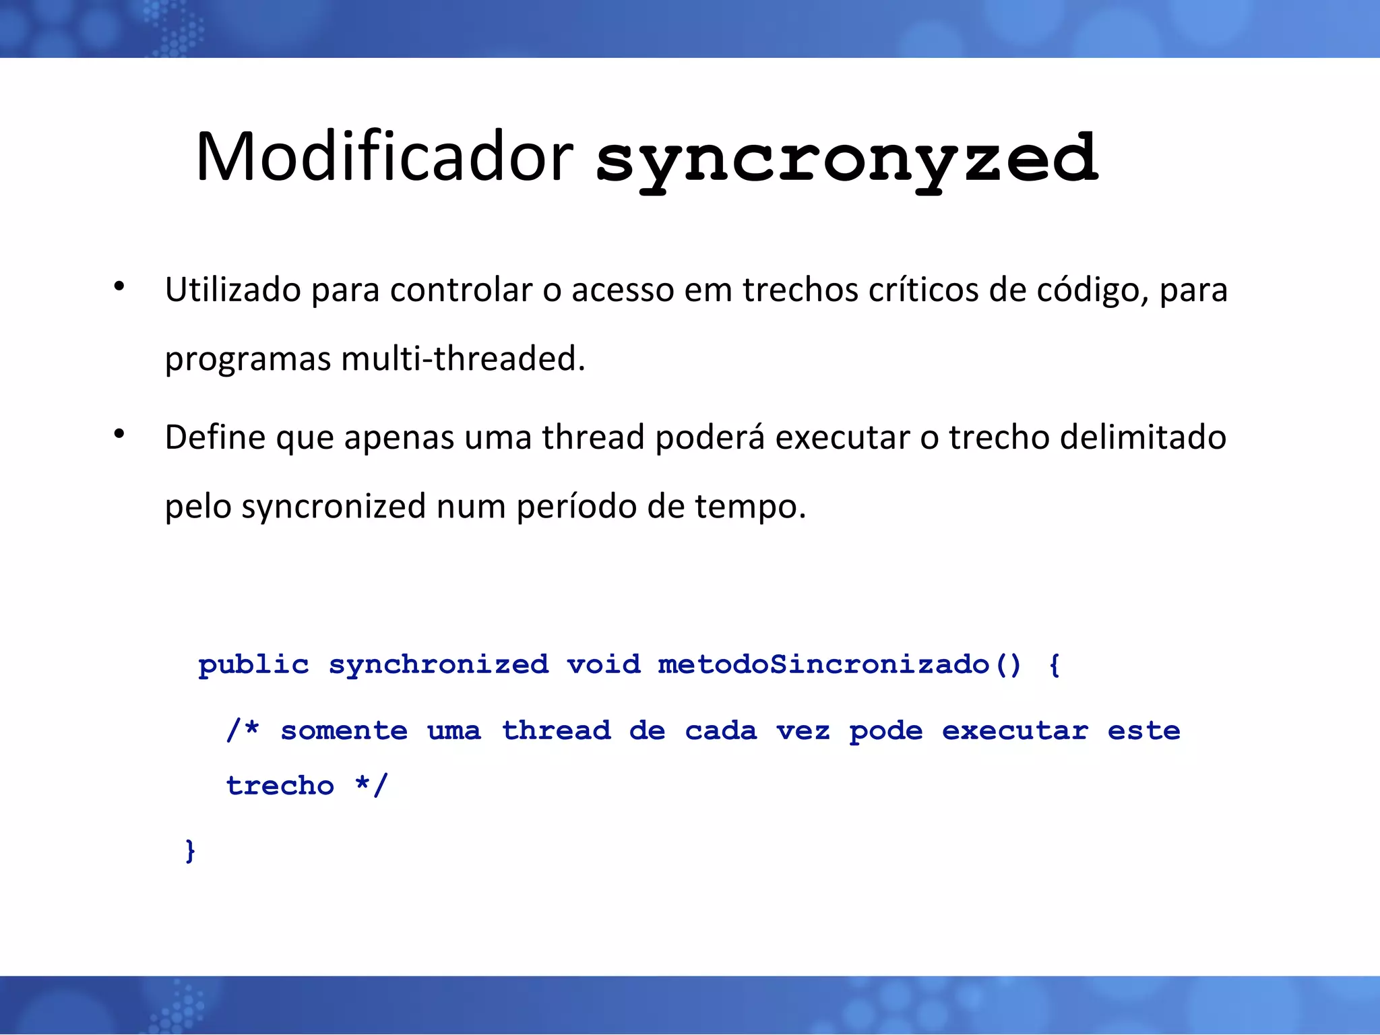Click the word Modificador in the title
pyautogui.click(x=384, y=157)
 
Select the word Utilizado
pyautogui.click(x=232, y=290)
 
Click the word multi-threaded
pyautogui.click(x=463, y=358)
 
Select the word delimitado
pyautogui.click(x=1142, y=437)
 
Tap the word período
pyautogui.click(x=576, y=507)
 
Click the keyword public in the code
pyautogui.click(x=253, y=665)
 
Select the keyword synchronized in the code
pyautogui.click(x=439, y=665)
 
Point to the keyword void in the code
pyautogui.click(x=604, y=665)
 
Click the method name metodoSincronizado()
pyautogui.click(x=840, y=665)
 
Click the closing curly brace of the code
pyautogui.click(x=190, y=850)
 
